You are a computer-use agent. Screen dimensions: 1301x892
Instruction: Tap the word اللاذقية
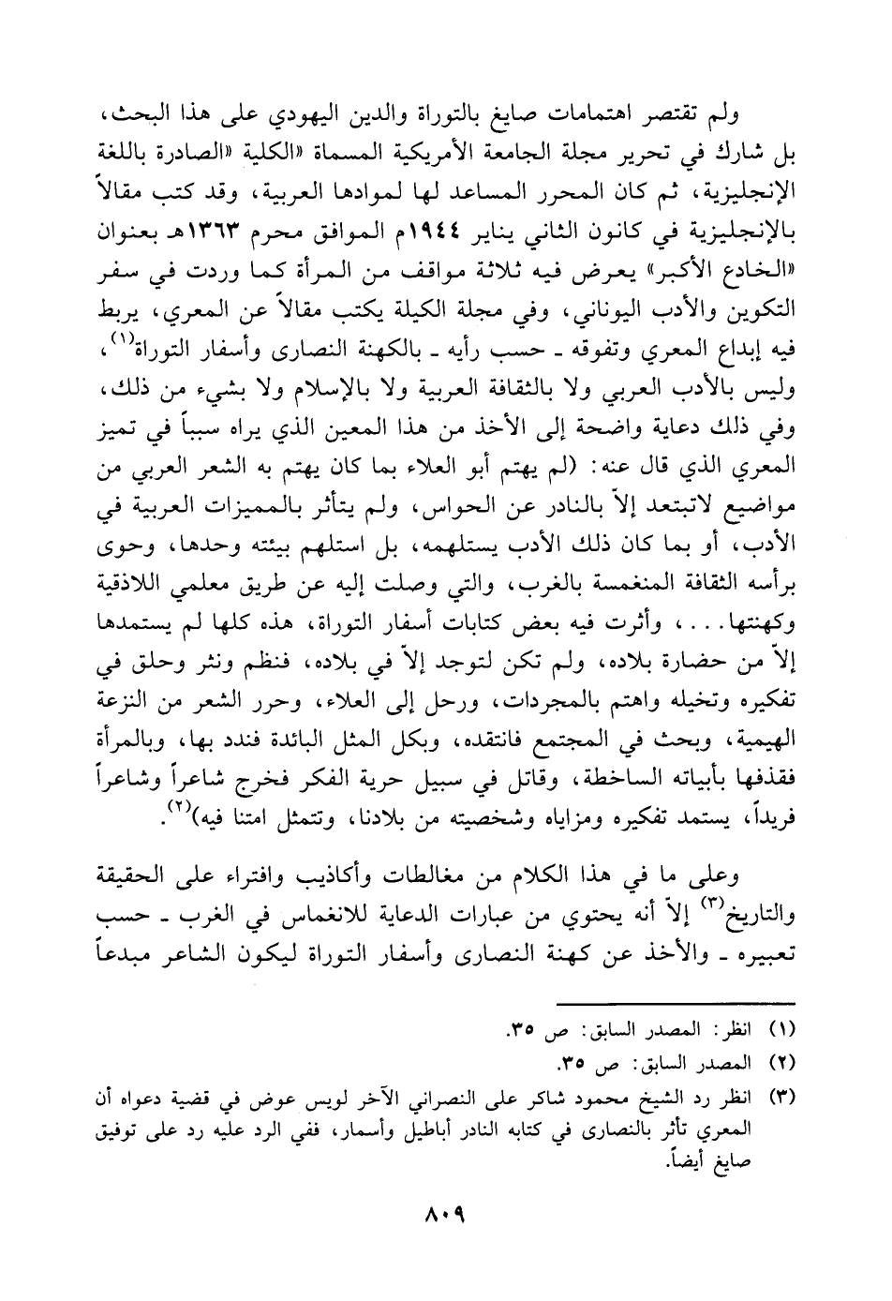click(140, 588)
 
